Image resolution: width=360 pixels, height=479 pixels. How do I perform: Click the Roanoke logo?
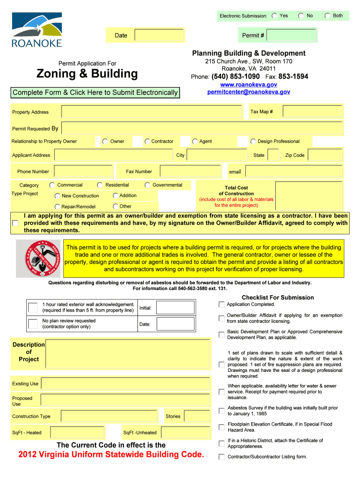click(36, 29)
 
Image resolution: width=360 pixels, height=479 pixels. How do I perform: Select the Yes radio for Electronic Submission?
click(274, 16)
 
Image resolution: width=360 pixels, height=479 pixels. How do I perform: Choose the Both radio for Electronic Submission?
click(328, 16)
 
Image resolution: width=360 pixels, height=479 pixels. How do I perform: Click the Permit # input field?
click(291, 35)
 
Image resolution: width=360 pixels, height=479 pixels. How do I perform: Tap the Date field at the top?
click(159, 35)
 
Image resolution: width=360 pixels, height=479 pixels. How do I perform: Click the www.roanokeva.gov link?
click(249, 85)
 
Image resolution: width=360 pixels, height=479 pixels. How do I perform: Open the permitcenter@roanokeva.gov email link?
click(249, 92)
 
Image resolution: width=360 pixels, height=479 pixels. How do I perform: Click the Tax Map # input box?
click(312, 112)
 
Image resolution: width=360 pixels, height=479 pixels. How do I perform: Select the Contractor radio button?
click(147, 141)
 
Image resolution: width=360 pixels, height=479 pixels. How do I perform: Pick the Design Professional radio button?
click(253, 141)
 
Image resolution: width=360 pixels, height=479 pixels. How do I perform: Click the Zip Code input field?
click(325, 155)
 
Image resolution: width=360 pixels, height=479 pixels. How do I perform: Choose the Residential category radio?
click(100, 185)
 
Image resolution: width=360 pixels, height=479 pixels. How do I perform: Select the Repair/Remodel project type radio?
click(58, 207)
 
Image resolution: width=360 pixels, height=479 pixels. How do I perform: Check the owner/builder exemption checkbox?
click(15, 224)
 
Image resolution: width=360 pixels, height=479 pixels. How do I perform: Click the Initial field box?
click(175, 307)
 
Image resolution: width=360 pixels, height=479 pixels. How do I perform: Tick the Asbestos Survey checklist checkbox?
click(221, 411)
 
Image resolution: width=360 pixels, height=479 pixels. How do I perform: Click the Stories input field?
click(197, 416)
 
